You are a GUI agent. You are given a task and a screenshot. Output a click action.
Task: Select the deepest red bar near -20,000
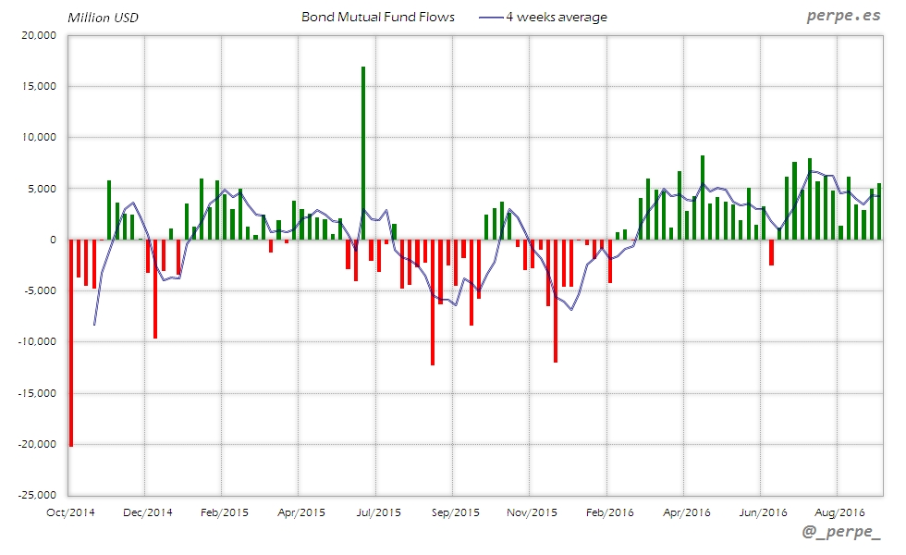pyautogui.click(x=71, y=342)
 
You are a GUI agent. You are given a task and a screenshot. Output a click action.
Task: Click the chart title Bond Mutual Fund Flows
pyautogui.click(x=378, y=17)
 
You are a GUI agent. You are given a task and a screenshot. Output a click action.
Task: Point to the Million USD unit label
pyautogui.click(x=103, y=18)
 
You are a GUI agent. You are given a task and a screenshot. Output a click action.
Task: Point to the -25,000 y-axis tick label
pyautogui.click(x=36, y=495)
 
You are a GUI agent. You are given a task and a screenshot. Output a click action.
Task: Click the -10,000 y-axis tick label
pyautogui.click(x=36, y=341)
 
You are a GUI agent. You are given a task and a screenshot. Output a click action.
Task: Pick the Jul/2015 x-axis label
pyautogui.click(x=377, y=510)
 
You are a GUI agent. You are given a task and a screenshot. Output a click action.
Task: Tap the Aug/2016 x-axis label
pyautogui.click(x=839, y=510)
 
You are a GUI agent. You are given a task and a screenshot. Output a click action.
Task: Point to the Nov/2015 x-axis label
pyautogui.click(x=531, y=510)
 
